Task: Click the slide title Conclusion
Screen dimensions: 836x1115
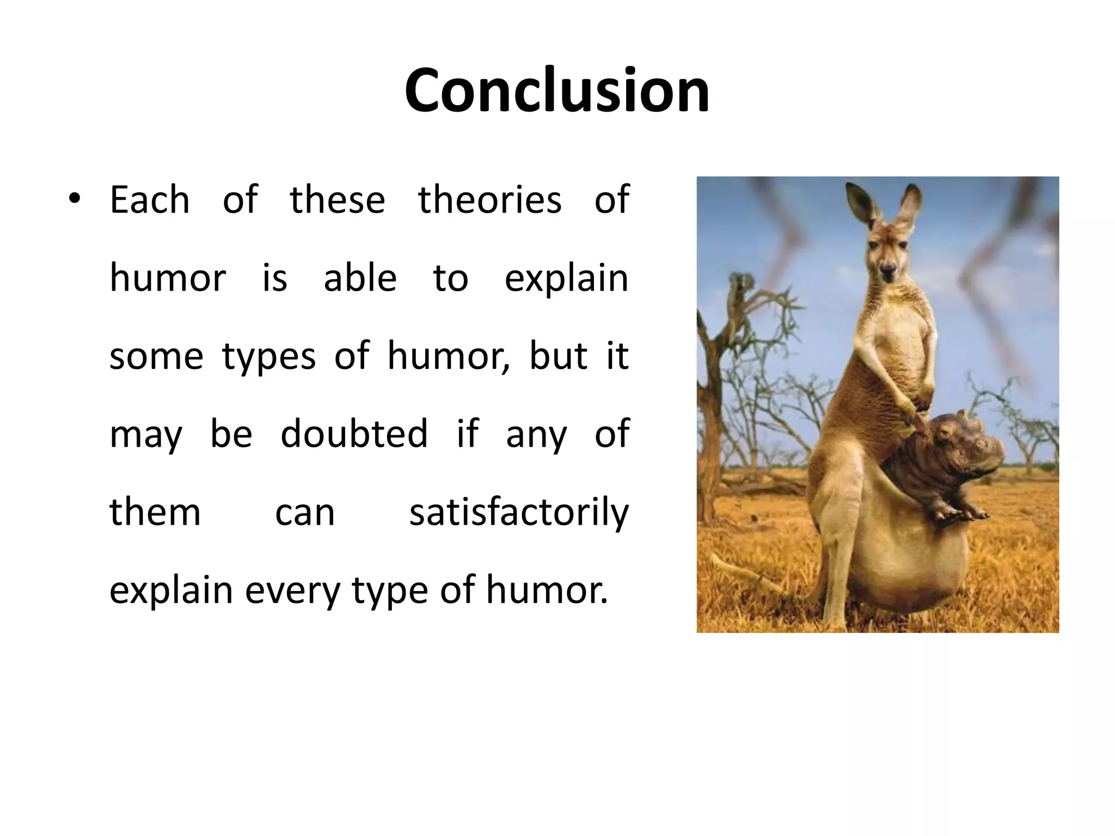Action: (x=556, y=90)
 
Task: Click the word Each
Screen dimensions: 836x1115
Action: (x=150, y=200)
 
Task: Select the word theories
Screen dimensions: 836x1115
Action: (x=489, y=200)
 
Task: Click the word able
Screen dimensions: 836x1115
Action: (x=360, y=278)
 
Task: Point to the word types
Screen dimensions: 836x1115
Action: (x=268, y=357)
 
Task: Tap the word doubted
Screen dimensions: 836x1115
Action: (x=354, y=434)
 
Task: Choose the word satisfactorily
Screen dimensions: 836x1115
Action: (x=519, y=513)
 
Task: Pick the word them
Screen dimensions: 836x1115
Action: (x=155, y=513)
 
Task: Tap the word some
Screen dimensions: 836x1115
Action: (x=156, y=357)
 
